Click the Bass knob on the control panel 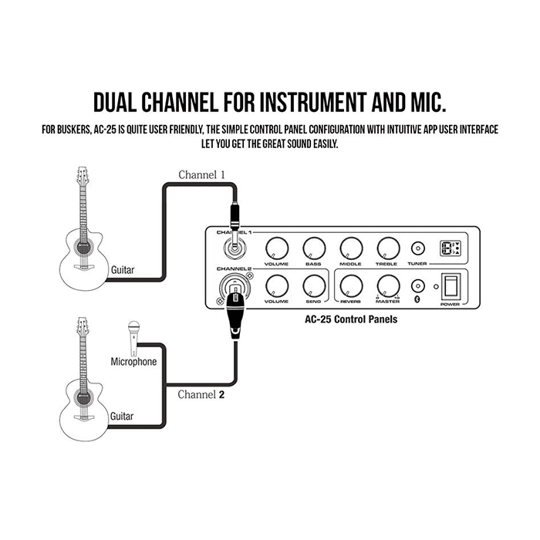314,248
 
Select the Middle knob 350,248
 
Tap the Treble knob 386,248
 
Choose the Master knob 386,285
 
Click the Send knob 314,285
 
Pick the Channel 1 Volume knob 276,248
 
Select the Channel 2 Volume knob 276,285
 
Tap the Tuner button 417,248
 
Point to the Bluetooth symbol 417,300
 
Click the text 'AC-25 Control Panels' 351,318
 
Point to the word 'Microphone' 133,361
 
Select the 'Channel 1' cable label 201,175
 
